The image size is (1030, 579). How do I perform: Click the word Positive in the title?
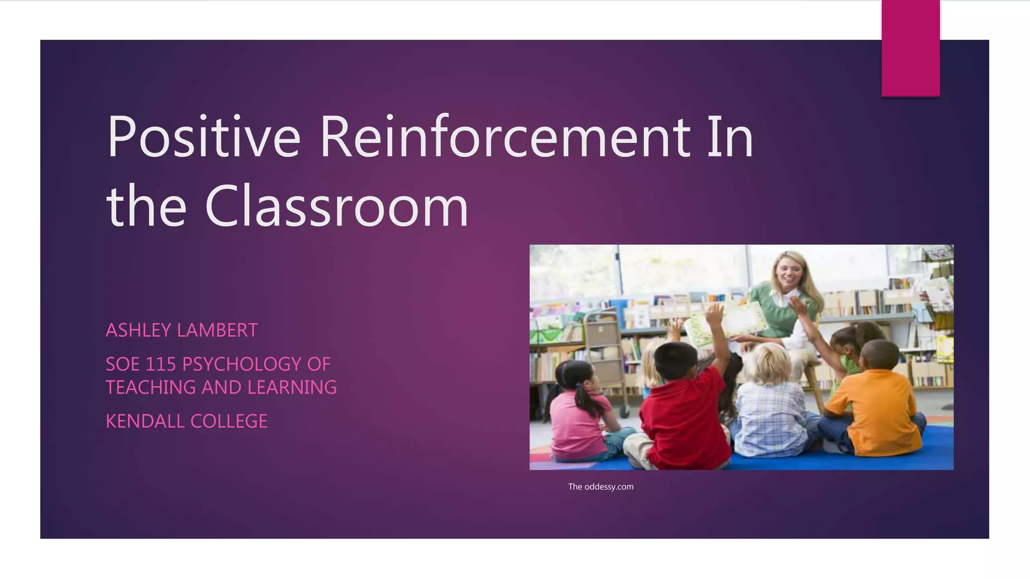[x=204, y=137]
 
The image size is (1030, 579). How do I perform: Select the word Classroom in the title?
[x=336, y=206]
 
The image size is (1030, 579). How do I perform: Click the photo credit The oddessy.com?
[x=600, y=487]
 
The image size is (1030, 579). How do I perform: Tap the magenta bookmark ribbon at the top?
[x=910, y=48]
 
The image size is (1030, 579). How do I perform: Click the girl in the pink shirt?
[x=578, y=412]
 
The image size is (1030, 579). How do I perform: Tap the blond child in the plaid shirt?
[x=769, y=402]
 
